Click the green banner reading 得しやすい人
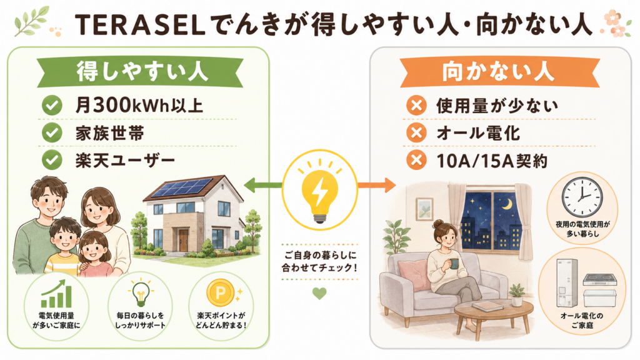pos(140,72)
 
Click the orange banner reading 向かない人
pos(499,72)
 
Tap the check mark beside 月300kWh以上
pos(52,106)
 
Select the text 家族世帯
pos(109,134)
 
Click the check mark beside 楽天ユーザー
pos(52,160)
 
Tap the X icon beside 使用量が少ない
pos(416,106)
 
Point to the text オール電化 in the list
pos(478,134)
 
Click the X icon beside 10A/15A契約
pos(416,161)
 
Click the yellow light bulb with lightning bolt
pos(319,191)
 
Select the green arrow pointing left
pos(263,185)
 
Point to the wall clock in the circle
pos(582,197)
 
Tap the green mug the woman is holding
pos(454,264)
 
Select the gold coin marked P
pos(220,292)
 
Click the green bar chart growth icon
pos(56,294)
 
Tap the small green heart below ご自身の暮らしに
pos(319,294)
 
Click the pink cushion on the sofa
pos(412,274)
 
